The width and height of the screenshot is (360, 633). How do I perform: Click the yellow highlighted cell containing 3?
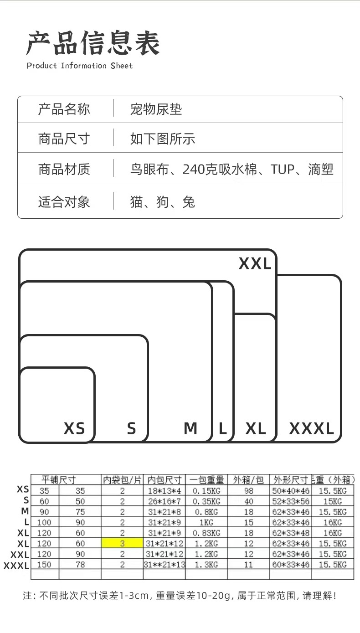coord(122,544)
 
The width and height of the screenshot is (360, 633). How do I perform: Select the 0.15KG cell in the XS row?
coord(206,491)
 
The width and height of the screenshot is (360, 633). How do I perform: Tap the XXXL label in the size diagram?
coord(312,428)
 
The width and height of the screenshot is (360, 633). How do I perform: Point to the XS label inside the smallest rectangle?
coord(74,428)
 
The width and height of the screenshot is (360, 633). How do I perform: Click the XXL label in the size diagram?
coord(255,263)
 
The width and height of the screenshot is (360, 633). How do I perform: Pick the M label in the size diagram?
coord(190,428)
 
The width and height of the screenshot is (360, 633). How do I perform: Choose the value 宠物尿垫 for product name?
coord(156,109)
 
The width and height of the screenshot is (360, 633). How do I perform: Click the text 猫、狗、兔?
coord(162,202)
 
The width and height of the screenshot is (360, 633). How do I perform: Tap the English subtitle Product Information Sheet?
coord(80,66)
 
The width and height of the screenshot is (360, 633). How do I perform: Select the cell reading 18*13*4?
coord(164,491)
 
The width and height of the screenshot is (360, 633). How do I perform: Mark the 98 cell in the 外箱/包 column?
coord(248,491)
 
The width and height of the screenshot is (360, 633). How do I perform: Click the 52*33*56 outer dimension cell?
coord(291,501)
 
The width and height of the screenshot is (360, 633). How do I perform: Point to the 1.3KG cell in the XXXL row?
coord(206,565)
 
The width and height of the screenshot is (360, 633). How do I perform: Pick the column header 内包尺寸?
coord(164,480)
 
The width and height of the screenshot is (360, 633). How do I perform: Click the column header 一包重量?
coord(206,480)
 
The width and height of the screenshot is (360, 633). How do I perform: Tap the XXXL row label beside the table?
coord(16,566)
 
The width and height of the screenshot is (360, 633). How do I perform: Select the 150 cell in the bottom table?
coord(44,565)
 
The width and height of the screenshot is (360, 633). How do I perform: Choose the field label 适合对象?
coord(64,202)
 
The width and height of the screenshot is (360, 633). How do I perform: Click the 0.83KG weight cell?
coord(206,533)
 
